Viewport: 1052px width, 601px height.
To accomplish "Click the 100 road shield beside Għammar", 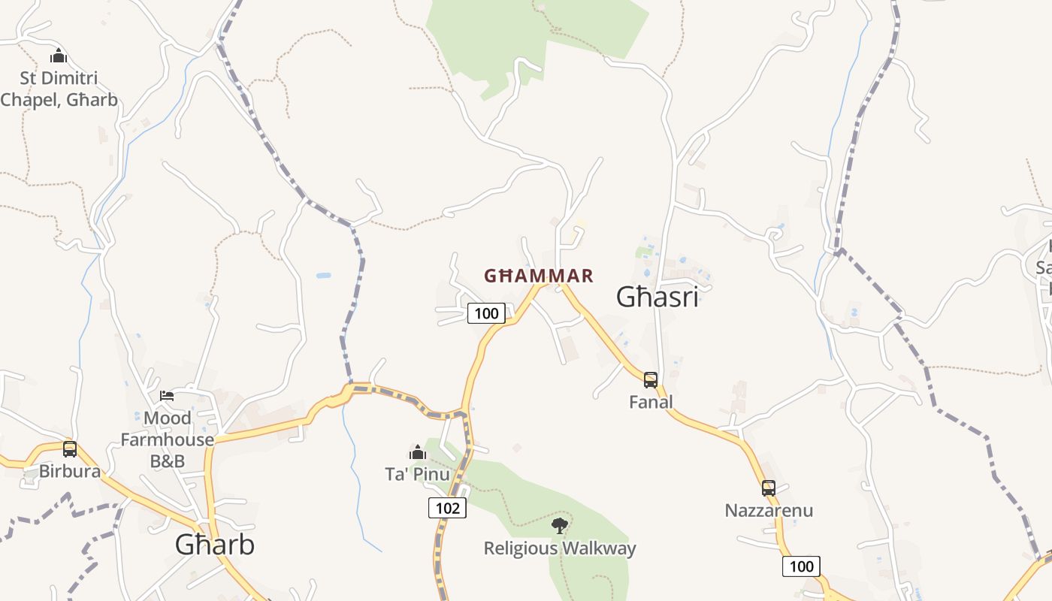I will (x=486, y=313).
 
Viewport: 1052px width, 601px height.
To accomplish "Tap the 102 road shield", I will (x=447, y=508).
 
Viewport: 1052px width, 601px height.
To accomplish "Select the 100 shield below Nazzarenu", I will (x=801, y=566).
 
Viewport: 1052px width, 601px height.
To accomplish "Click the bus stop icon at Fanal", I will (x=651, y=379).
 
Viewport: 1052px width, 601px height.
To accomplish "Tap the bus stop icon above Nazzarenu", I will (x=768, y=488).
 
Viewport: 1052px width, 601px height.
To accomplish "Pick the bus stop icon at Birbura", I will (x=70, y=449).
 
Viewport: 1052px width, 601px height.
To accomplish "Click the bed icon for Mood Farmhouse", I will (x=167, y=396).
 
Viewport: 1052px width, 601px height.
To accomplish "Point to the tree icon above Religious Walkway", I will (x=559, y=525).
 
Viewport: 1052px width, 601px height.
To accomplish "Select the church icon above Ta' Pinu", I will (x=418, y=452).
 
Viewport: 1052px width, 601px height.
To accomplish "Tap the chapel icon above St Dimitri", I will (x=59, y=56).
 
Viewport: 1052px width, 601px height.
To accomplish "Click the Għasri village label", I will (x=657, y=297).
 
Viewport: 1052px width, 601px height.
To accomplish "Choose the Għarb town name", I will (x=215, y=545).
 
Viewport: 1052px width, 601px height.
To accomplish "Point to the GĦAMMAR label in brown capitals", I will (x=539, y=276).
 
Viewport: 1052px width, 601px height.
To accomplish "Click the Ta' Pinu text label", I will (x=418, y=474).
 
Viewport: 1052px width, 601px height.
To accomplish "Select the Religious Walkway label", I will (x=560, y=548).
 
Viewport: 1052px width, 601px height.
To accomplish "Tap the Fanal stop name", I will (x=651, y=402).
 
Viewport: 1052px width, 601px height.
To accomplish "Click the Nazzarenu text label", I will (x=769, y=511).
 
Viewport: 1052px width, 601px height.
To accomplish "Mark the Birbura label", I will (x=70, y=472).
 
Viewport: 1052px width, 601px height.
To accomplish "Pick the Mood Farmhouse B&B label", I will (x=167, y=439).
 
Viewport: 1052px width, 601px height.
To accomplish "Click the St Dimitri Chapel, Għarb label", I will (x=59, y=89).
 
